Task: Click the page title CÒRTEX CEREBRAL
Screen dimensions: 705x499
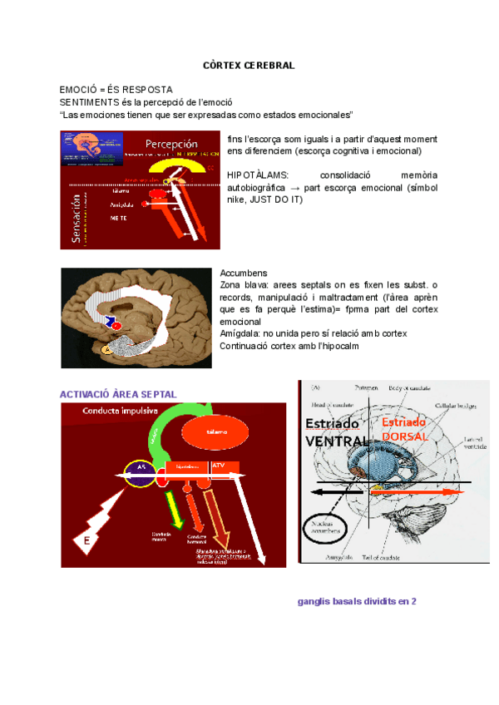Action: [249, 65]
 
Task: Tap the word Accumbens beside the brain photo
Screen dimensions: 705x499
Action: [243, 274]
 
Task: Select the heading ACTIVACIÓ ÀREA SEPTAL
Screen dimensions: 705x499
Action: [118, 393]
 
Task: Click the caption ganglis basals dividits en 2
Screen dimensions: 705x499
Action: [357, 600]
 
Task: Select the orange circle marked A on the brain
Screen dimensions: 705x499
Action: [106, 350]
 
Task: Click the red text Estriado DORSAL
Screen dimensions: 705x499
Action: [406, 429]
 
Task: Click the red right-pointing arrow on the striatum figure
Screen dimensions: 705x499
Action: [416, 492]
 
